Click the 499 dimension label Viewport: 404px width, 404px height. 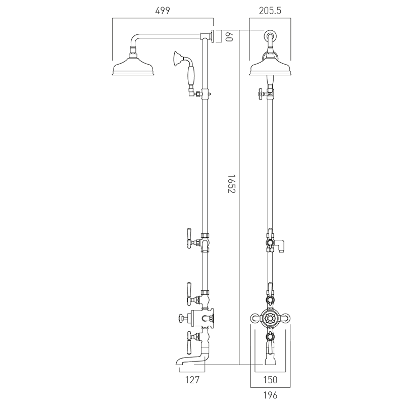163,11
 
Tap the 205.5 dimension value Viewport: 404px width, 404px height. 270,11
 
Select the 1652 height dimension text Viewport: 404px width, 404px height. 232,183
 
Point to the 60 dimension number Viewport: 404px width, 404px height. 229,36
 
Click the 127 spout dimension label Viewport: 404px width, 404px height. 192,380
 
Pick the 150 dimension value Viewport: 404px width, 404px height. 270,380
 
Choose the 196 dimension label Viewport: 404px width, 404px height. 270,395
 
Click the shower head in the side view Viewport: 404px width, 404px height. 133,65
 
